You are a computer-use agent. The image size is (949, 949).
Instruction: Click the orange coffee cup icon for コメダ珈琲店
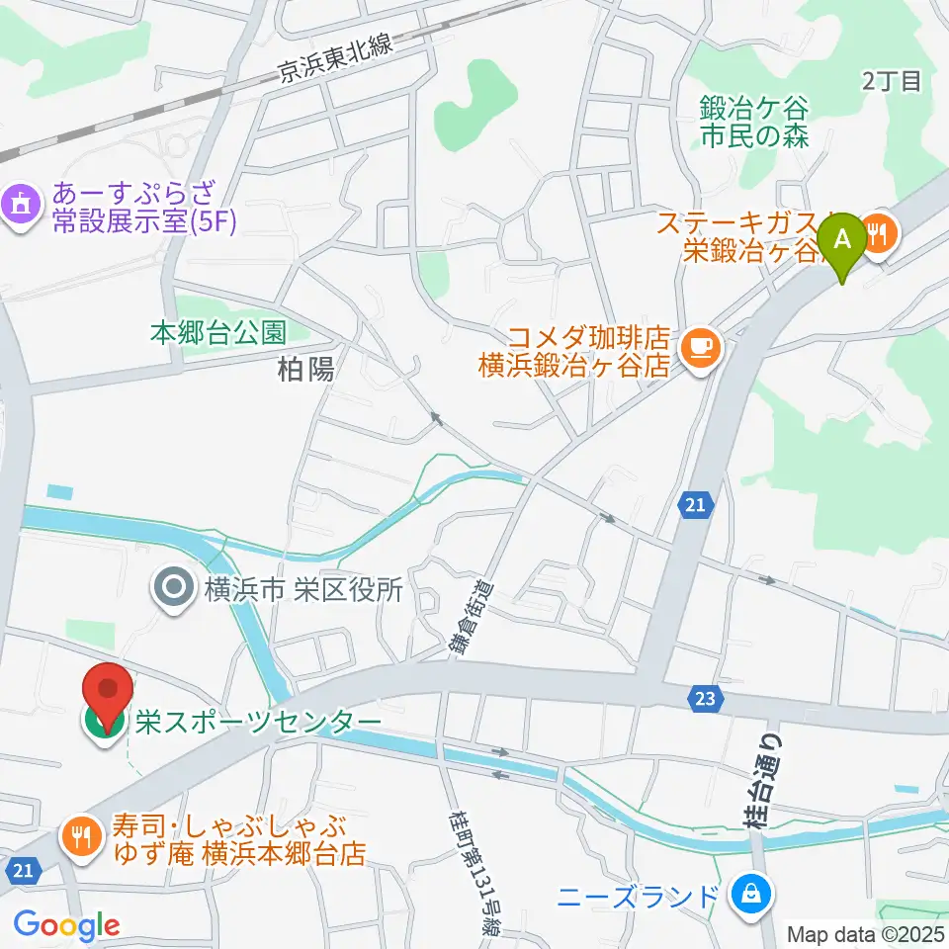click(x=700, y=347)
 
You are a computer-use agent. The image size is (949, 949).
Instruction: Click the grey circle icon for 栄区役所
click(x=174, y=590)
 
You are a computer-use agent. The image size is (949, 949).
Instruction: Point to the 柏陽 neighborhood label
click(x=306, y=370)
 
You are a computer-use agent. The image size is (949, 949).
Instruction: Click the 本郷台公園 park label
click(x=218, y=332)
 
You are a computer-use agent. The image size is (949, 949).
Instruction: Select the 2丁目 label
click(x=891, y=81)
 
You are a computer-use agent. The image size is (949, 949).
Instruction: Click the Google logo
click(x=66, y=925)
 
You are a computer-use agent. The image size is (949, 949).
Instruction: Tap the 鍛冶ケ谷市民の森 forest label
click(x=753, y=120)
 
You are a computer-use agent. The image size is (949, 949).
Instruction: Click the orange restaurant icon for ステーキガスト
click(x=878, y=233)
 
